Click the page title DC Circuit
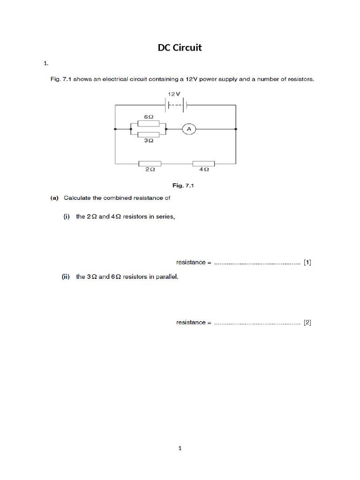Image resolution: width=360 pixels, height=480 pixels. pos(180,47)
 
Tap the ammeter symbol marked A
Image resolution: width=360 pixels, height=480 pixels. pos(188,128)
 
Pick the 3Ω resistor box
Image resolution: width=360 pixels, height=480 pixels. pos(148,134)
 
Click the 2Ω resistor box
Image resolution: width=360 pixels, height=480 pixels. pos(150,164)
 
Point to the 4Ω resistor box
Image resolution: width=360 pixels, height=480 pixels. pos(203,164)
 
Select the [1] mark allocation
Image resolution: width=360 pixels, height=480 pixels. pos(307,262)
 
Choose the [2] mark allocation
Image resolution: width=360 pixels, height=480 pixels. pos(307,322)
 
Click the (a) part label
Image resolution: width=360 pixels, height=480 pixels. pos(55,198)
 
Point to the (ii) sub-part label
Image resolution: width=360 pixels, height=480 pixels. pos(66,277)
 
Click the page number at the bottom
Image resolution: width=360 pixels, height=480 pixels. pos(180,448)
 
